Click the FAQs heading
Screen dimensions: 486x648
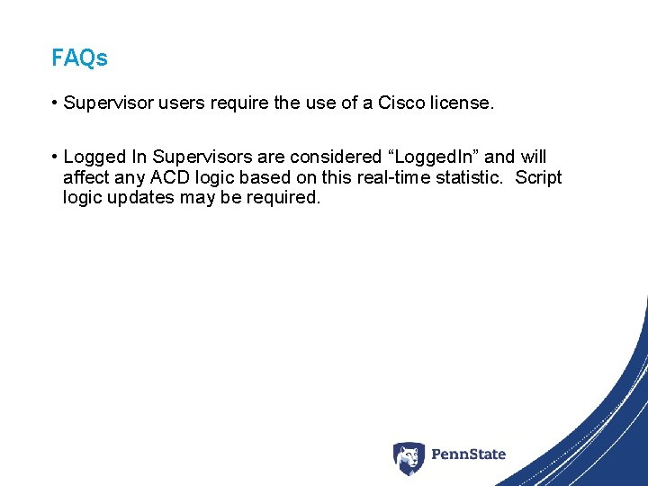click(x=79, y=58)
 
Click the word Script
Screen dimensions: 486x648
click(x=538, y=177)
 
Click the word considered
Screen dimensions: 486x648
click(x=336, y=157)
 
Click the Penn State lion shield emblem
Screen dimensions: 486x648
click(x=409, y=458)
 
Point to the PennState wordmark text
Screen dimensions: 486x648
click(x=468, y=454)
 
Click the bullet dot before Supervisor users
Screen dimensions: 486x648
click(x=55, y=103)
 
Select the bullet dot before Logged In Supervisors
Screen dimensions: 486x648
click(x=55, y=157)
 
